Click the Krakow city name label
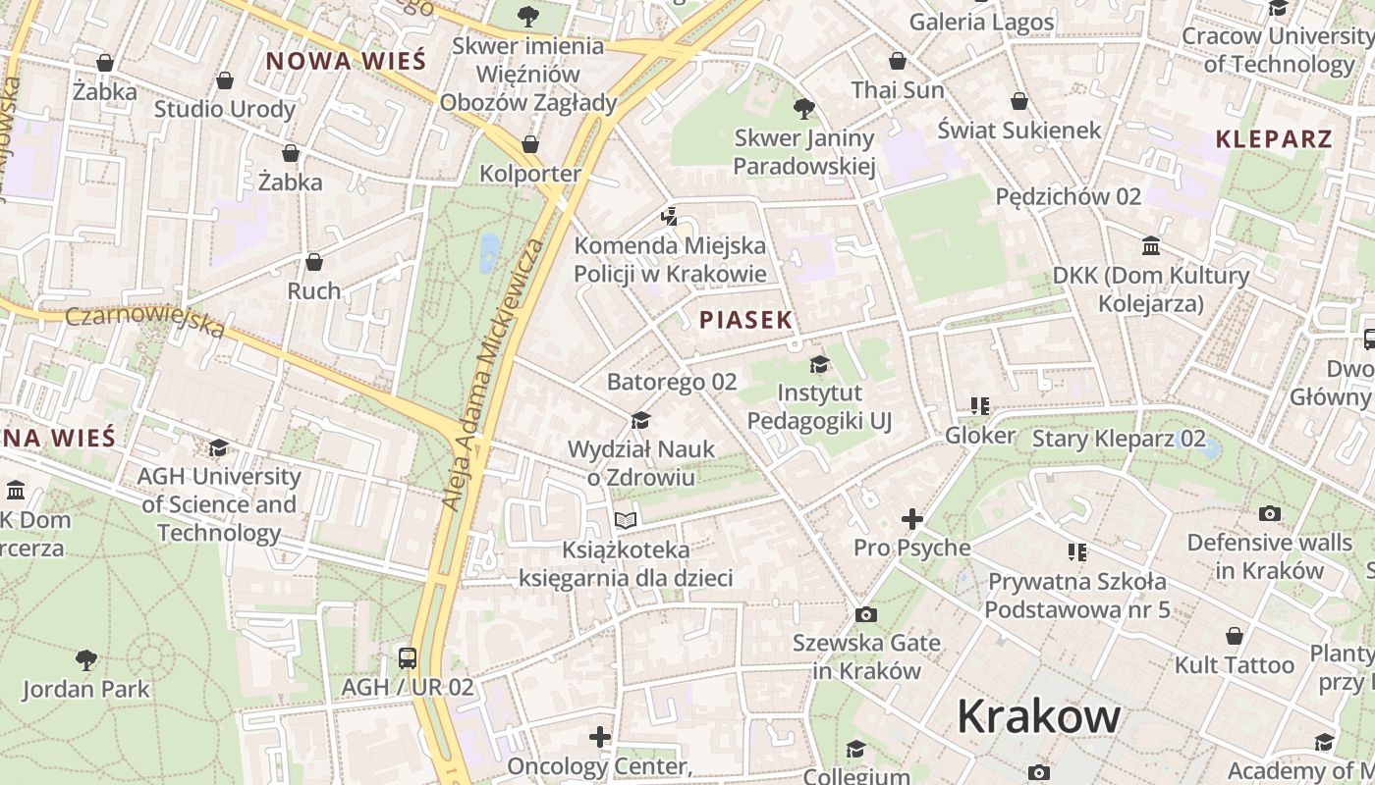click(x=1038, y=715)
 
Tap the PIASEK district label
click(x=745, y=320)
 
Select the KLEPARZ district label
click(x=1274, y=139)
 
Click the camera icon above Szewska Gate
click(x=865, y=614)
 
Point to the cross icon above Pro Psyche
click(x=912, y=518)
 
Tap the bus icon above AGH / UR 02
click(x=408, y=657)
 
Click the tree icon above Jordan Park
click(x=86, y=659)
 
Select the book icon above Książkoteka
click(x=626, y=520)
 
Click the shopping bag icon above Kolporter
click(x=530, y=144)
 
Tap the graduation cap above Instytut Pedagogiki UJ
click(x=819, y=365)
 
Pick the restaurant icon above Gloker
click(x=979, y=405)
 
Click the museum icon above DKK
click(x=1151, y=245)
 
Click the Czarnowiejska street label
click(x=145, y=322)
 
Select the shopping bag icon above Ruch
click(x=314, y=262)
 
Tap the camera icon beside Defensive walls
click(x=1270, y=513)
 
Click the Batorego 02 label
click(x=672, y=382)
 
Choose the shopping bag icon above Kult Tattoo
click(x=1235, y=636)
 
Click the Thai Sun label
click(x=898, y=90)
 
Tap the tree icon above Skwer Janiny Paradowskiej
click(x=804, y=108)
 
